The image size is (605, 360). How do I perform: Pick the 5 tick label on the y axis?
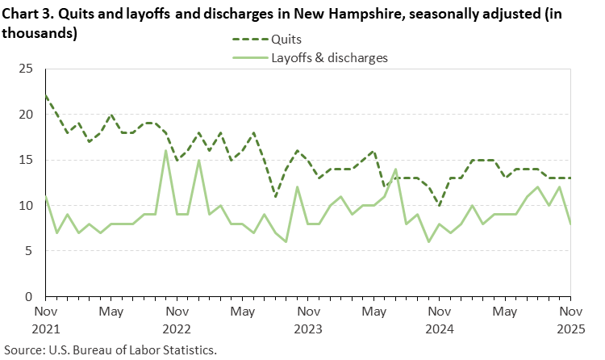(29, 251)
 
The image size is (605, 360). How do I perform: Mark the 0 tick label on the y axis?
(29, 296)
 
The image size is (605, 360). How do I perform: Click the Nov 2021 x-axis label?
(46, 320)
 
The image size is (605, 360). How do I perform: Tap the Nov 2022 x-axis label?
(177, 320)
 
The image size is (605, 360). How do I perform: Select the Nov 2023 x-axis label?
(308, 320)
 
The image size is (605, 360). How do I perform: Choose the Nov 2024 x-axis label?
(440, 320)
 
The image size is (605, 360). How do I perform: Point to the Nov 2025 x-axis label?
(570, 320)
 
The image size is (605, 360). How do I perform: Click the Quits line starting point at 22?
(46, 97)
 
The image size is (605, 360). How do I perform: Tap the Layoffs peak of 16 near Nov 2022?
(166, 151)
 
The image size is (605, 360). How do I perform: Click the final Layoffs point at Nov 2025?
(570, 224)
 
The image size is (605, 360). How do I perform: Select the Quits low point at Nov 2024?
(440, 205)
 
